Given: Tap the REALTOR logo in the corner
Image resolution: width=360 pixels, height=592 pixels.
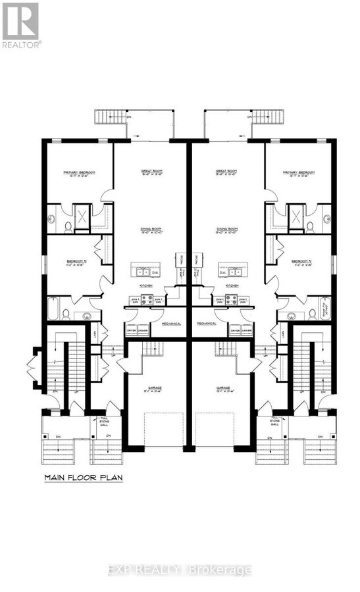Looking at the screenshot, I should (20, 25).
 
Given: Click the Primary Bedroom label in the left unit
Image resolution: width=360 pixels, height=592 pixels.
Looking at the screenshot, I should (79, 174).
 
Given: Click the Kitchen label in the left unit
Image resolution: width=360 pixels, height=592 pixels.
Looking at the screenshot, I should (146, 287).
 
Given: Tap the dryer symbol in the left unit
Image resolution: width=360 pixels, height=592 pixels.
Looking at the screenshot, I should (132, 331).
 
